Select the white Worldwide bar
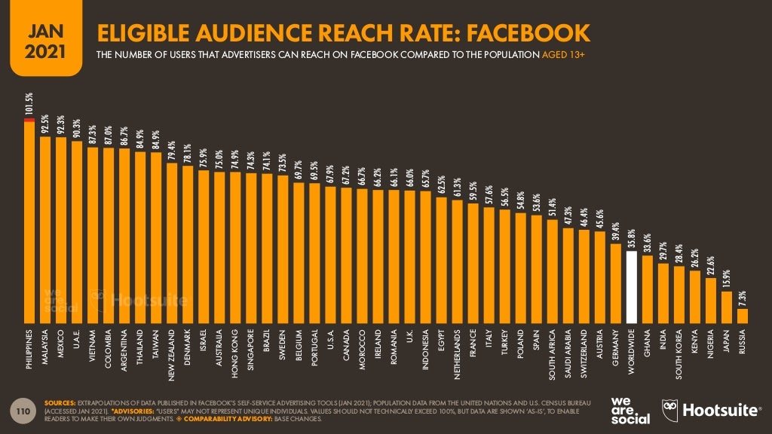[633, 286]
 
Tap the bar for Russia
[743, 315]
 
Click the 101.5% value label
[29, 104]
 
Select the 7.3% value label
[743, 298]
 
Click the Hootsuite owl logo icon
[669, 411]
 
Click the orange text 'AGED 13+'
[568, 55]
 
